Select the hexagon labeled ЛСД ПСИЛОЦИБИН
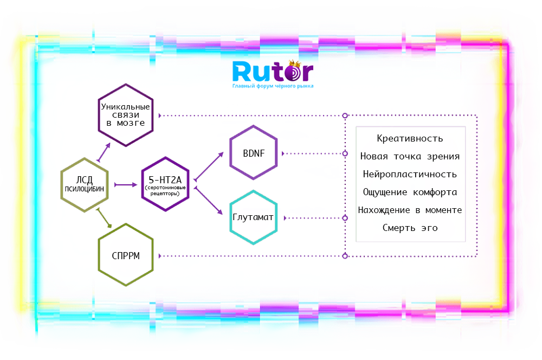(x=83, y=185)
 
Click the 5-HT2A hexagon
(x=165, y=184)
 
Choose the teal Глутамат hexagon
(x=253, y=218)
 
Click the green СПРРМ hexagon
(x=126, y=256)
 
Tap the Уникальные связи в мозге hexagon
(x=125, y=115)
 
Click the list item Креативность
(x=410, y=139)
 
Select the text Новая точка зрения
(x=410, y=157)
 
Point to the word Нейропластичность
(x=410, y=175)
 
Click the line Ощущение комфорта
(x=410, y=192)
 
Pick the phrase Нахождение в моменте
(x=410, y=210)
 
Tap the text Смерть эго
(x=410, y=228)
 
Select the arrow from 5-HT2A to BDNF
(x=209, y=165)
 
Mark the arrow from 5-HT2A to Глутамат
(x=209, y=202)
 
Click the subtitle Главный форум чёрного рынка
(x=273, y=86)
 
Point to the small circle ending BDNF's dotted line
(x=345, y=154)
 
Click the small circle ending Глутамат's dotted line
(x=345, y=218)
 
